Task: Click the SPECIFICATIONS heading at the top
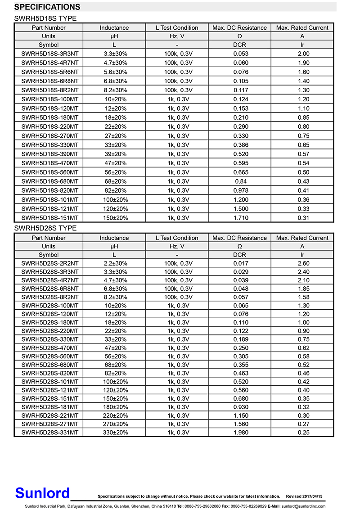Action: coord(47,7)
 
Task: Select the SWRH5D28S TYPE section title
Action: coord(45,228)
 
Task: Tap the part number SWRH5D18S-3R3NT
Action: coord(49,54)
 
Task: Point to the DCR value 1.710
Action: coord(240,218)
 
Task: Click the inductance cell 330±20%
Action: coord(114,433)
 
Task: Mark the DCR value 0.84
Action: coord(240,181)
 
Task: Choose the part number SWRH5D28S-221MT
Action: coord(49,415)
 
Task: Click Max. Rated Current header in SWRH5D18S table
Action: coord(302,27)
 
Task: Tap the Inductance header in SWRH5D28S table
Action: coord(114,238)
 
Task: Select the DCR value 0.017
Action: coord(240,263)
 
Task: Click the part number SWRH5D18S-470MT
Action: coord(49,163)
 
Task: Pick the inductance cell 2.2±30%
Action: coord(114,263)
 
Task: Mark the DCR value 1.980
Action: coord(240,433)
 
